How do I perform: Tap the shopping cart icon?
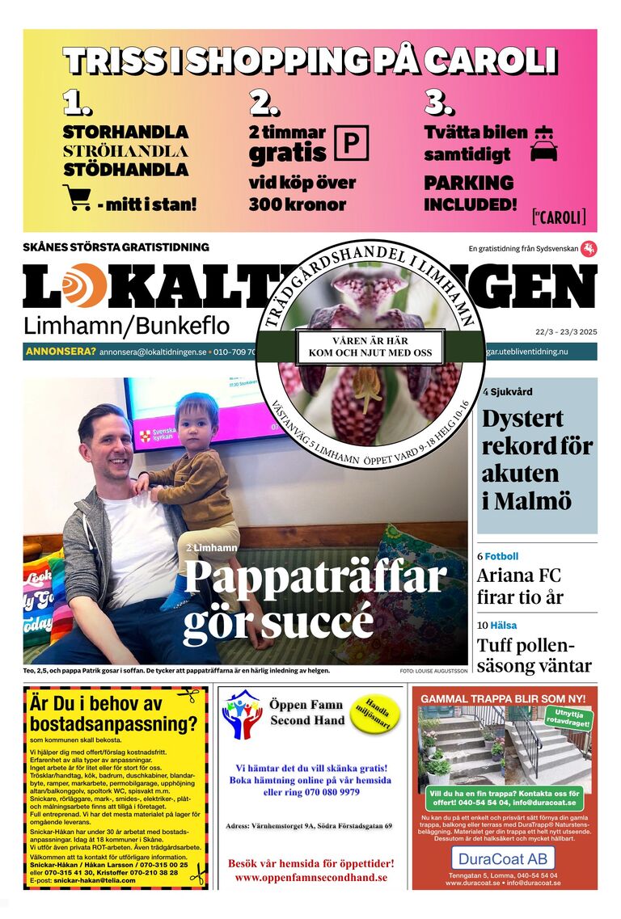[x=76, y=196]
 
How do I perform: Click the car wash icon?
[x=543, y=144]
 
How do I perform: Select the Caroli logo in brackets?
[x=559, y=217]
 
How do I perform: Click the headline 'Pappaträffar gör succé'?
[x=315, y=599]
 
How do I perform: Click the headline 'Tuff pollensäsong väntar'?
[x=534, y=656]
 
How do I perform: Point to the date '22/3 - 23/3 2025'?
[x=565, y=331]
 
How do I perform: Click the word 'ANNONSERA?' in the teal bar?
[x=61, y=352]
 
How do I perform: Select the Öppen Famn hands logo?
[x=242, y=715]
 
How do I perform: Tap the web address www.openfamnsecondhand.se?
[x=311, y=877]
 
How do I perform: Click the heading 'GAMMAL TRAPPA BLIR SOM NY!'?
[x=503, y=698]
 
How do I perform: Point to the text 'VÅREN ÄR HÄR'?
[x=367, y=339]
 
